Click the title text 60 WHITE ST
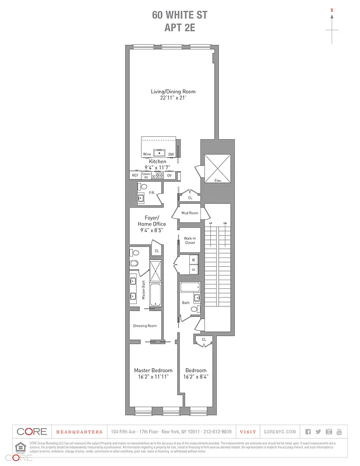[179, 15]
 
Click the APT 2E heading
[179, 26]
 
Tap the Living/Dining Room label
[173, 91]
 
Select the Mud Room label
[190, 213]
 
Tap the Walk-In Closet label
[190, 241]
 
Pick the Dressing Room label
[145, 326]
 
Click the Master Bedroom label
[153, 370]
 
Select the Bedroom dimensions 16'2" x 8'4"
[196, 377]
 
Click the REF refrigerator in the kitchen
[135, 175]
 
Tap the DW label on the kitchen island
[171, 154]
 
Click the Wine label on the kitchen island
[147, 154]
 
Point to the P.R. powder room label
[151, 193]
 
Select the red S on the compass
[332, 10]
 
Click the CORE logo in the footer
[32, 432]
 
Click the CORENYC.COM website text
[280, 432]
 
